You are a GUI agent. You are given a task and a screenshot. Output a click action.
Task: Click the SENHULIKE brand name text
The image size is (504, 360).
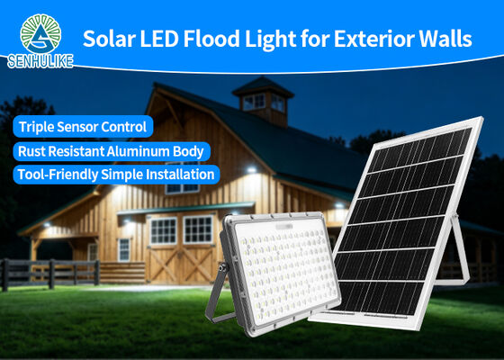pyautogui.click(x=40, y=61)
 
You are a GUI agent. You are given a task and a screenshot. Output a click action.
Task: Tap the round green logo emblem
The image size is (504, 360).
pyautogui.click(x=40, y=34)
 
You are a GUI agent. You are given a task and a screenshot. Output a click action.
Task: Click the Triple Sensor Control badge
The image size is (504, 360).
pyautogui.click(x=83, y=126)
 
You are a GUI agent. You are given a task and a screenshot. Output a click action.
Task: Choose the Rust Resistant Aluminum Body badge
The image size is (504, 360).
pyautogui.click(x=112, y=151)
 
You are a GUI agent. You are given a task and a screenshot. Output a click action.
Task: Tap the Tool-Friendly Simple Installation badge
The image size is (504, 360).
pyautogui.click(x=116, y=175)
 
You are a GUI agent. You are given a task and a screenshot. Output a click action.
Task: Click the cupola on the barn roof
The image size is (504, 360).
pyautogui.click(x=263, y=101)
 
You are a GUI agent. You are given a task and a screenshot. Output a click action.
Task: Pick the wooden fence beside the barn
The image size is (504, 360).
pyautogui.click(x=50, y=274)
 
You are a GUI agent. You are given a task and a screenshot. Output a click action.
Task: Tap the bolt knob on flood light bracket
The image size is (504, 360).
pyautogui.click(x=222, y=266)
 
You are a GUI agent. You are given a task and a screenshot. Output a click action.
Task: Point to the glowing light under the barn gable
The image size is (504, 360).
pyautogui.click(x=251, y=169)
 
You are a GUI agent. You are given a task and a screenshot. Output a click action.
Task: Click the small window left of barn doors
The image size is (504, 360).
pyautogui.click(x=124, y=250)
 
